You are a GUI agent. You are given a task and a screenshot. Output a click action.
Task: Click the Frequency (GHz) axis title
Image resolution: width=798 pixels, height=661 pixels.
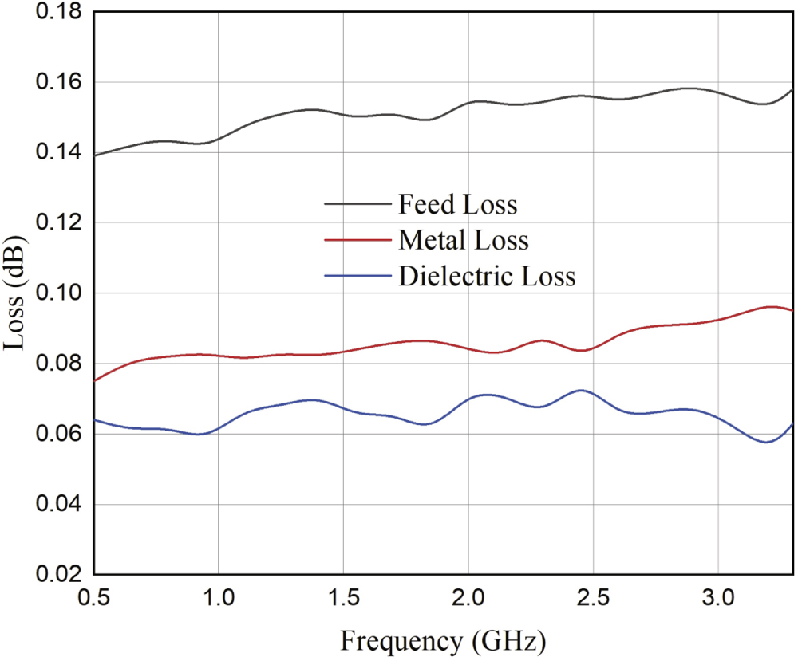click(444, 639)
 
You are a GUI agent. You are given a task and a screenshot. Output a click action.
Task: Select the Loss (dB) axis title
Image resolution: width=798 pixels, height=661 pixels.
click(17, 293)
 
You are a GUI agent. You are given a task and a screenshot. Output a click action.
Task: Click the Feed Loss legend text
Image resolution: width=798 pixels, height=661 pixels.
click(457, 205)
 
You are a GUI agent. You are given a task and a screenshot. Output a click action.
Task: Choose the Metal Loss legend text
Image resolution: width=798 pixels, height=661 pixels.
click(463, 241)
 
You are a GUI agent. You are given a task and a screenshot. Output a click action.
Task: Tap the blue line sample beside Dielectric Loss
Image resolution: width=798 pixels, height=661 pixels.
click(358, 277)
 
